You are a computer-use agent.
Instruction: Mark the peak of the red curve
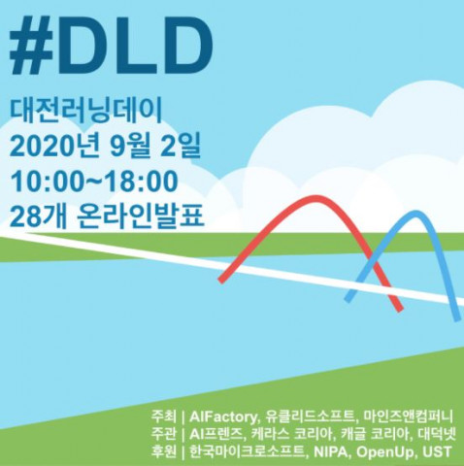pyautogui.click(x=315, y=200)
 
